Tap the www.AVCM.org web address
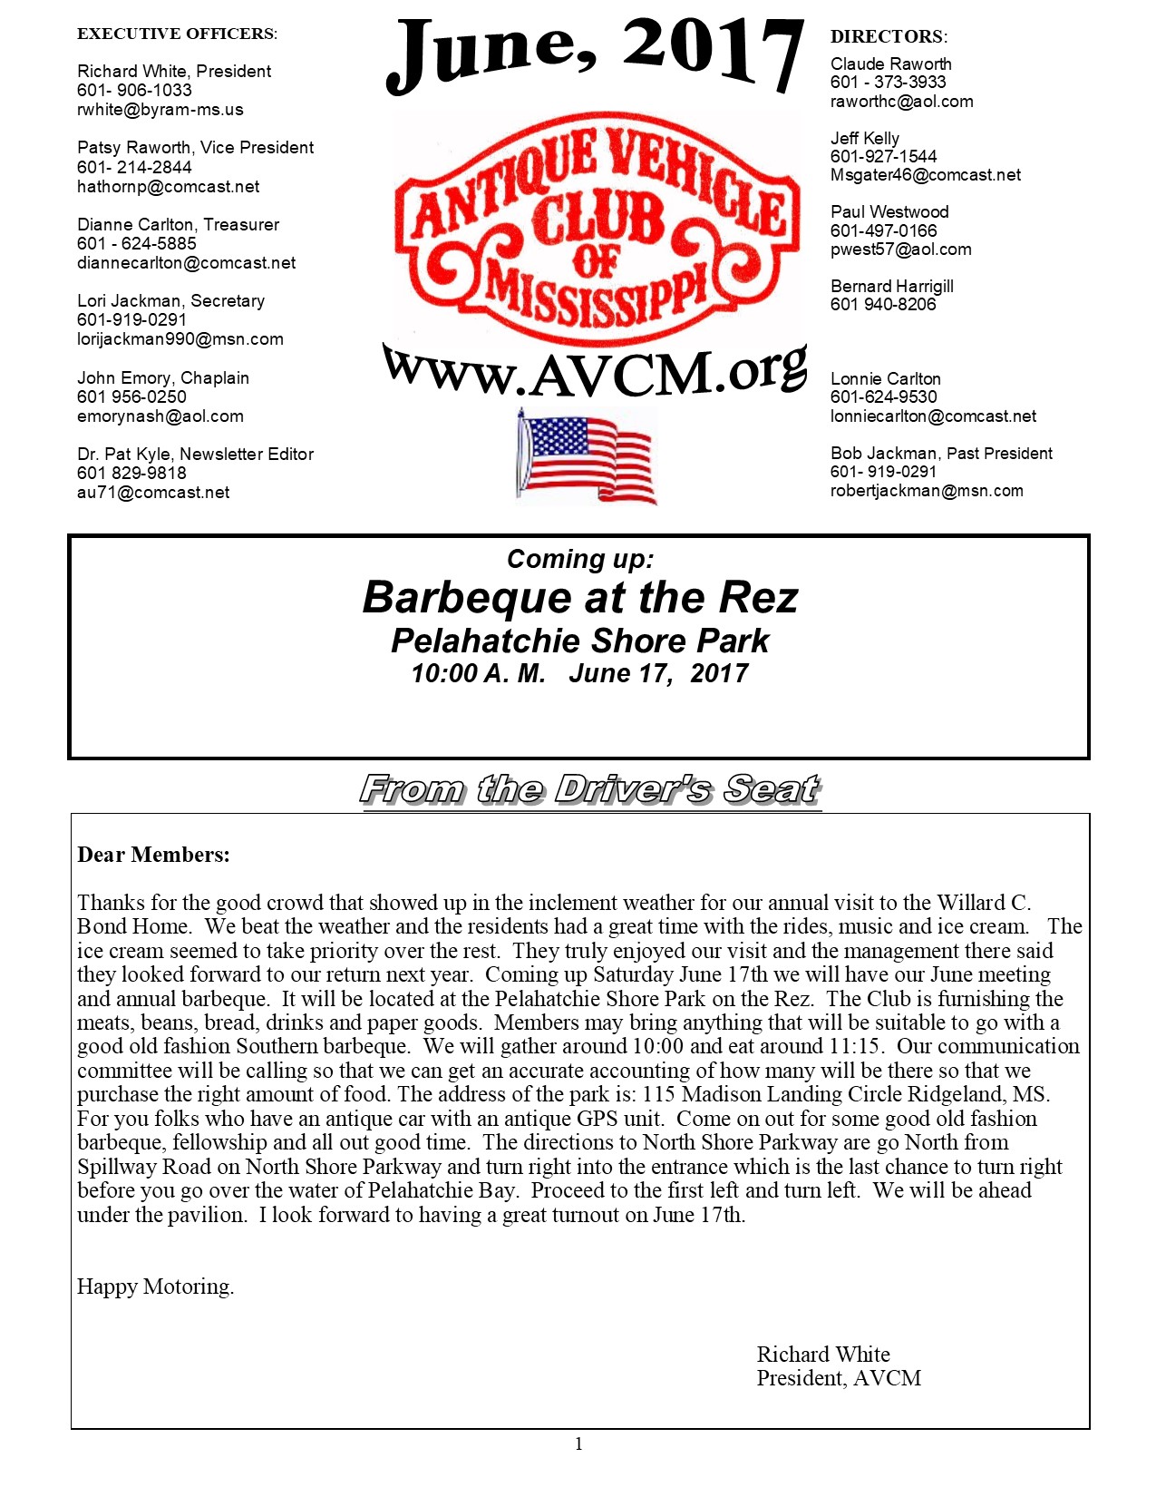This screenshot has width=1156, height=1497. (594, 371)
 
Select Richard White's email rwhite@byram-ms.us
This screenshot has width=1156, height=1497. (160, 110)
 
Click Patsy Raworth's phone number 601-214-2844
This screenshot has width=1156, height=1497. (134, 167)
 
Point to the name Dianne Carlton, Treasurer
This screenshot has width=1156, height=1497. (178, 224)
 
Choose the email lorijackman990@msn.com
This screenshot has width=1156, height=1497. (180, 339)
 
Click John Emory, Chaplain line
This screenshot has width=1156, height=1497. (163, 377)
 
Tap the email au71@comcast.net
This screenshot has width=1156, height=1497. (153, 493)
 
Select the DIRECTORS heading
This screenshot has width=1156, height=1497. (889, 37)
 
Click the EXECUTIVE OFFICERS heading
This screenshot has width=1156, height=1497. (177, 34)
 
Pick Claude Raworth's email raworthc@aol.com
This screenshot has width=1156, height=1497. (901, 102)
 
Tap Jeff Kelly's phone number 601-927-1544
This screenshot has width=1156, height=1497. (883, 157)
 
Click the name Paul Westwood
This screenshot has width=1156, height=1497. (889, 211)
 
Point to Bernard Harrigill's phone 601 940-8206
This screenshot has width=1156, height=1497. (883, 305)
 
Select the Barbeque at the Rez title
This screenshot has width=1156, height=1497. (580, 598)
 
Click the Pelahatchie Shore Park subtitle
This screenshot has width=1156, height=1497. (580, 641)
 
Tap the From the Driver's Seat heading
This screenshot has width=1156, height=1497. (590, 789)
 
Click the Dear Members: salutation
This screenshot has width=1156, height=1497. (153, 855)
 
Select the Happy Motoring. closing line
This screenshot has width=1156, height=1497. (155, 1287)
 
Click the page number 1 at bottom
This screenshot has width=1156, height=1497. (578, 1444)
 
